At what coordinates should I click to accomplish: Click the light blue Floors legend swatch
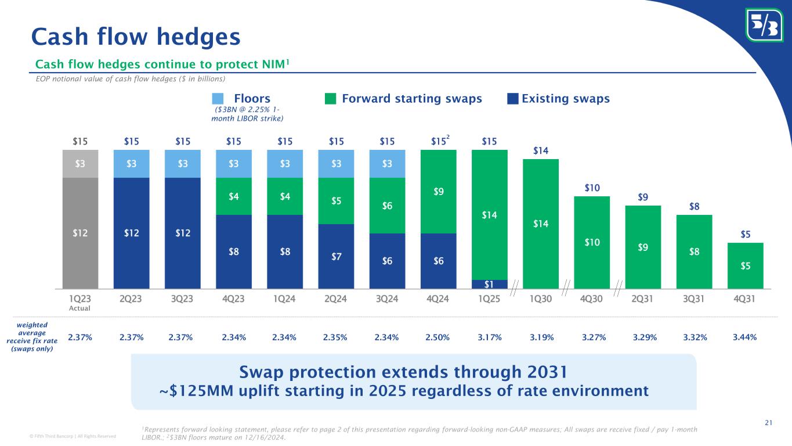[218, 99]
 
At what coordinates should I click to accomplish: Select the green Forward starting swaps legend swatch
[330, 99]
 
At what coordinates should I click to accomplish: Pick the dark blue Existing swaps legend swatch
[512, 99]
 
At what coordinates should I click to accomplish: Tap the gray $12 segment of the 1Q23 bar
[80, 233]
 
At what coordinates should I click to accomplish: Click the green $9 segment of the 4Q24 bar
[439, 192]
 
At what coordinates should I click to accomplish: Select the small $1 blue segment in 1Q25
[490, 284]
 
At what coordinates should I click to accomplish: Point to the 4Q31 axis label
[745, 299]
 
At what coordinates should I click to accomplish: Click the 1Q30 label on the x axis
[541, 299]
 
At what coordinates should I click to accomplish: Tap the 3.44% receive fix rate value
[745, 337]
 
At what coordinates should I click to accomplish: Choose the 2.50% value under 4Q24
[439, 337]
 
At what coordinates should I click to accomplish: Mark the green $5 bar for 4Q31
[745, 265]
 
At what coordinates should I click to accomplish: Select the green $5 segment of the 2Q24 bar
[336, 201]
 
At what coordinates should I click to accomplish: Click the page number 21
[768, 422]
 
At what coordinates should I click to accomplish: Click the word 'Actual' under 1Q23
[80, 308]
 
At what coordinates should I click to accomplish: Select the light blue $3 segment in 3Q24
[387, 164]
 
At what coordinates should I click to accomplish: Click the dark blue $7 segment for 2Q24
[336, 256]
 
